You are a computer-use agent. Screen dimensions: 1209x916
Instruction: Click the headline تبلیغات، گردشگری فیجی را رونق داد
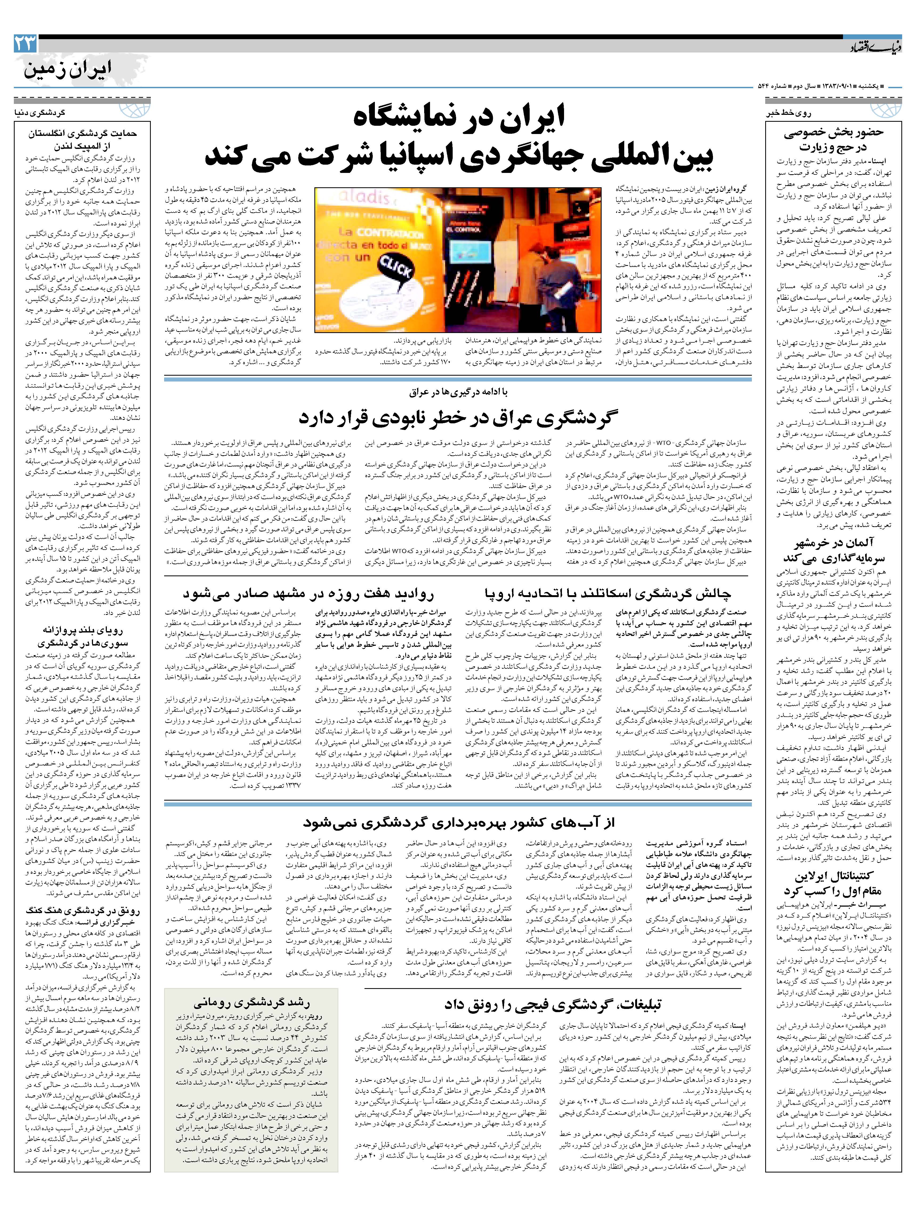pos(552,1005)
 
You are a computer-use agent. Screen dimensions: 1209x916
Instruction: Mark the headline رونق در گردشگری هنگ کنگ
pos(82,910)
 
